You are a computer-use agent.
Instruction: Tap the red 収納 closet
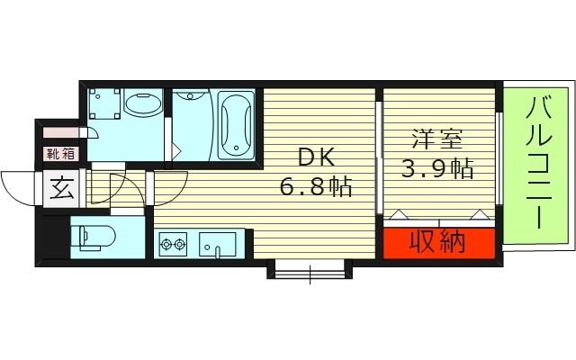[x=438, y=242]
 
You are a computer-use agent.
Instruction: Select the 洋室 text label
[x=438, y=139]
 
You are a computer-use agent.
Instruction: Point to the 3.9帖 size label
[x=438, y=168]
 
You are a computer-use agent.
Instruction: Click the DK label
[x=317, y=158]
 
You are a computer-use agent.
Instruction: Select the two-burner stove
[x=172, y=243]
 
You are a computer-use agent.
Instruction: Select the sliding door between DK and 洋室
[x=379, y=157]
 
